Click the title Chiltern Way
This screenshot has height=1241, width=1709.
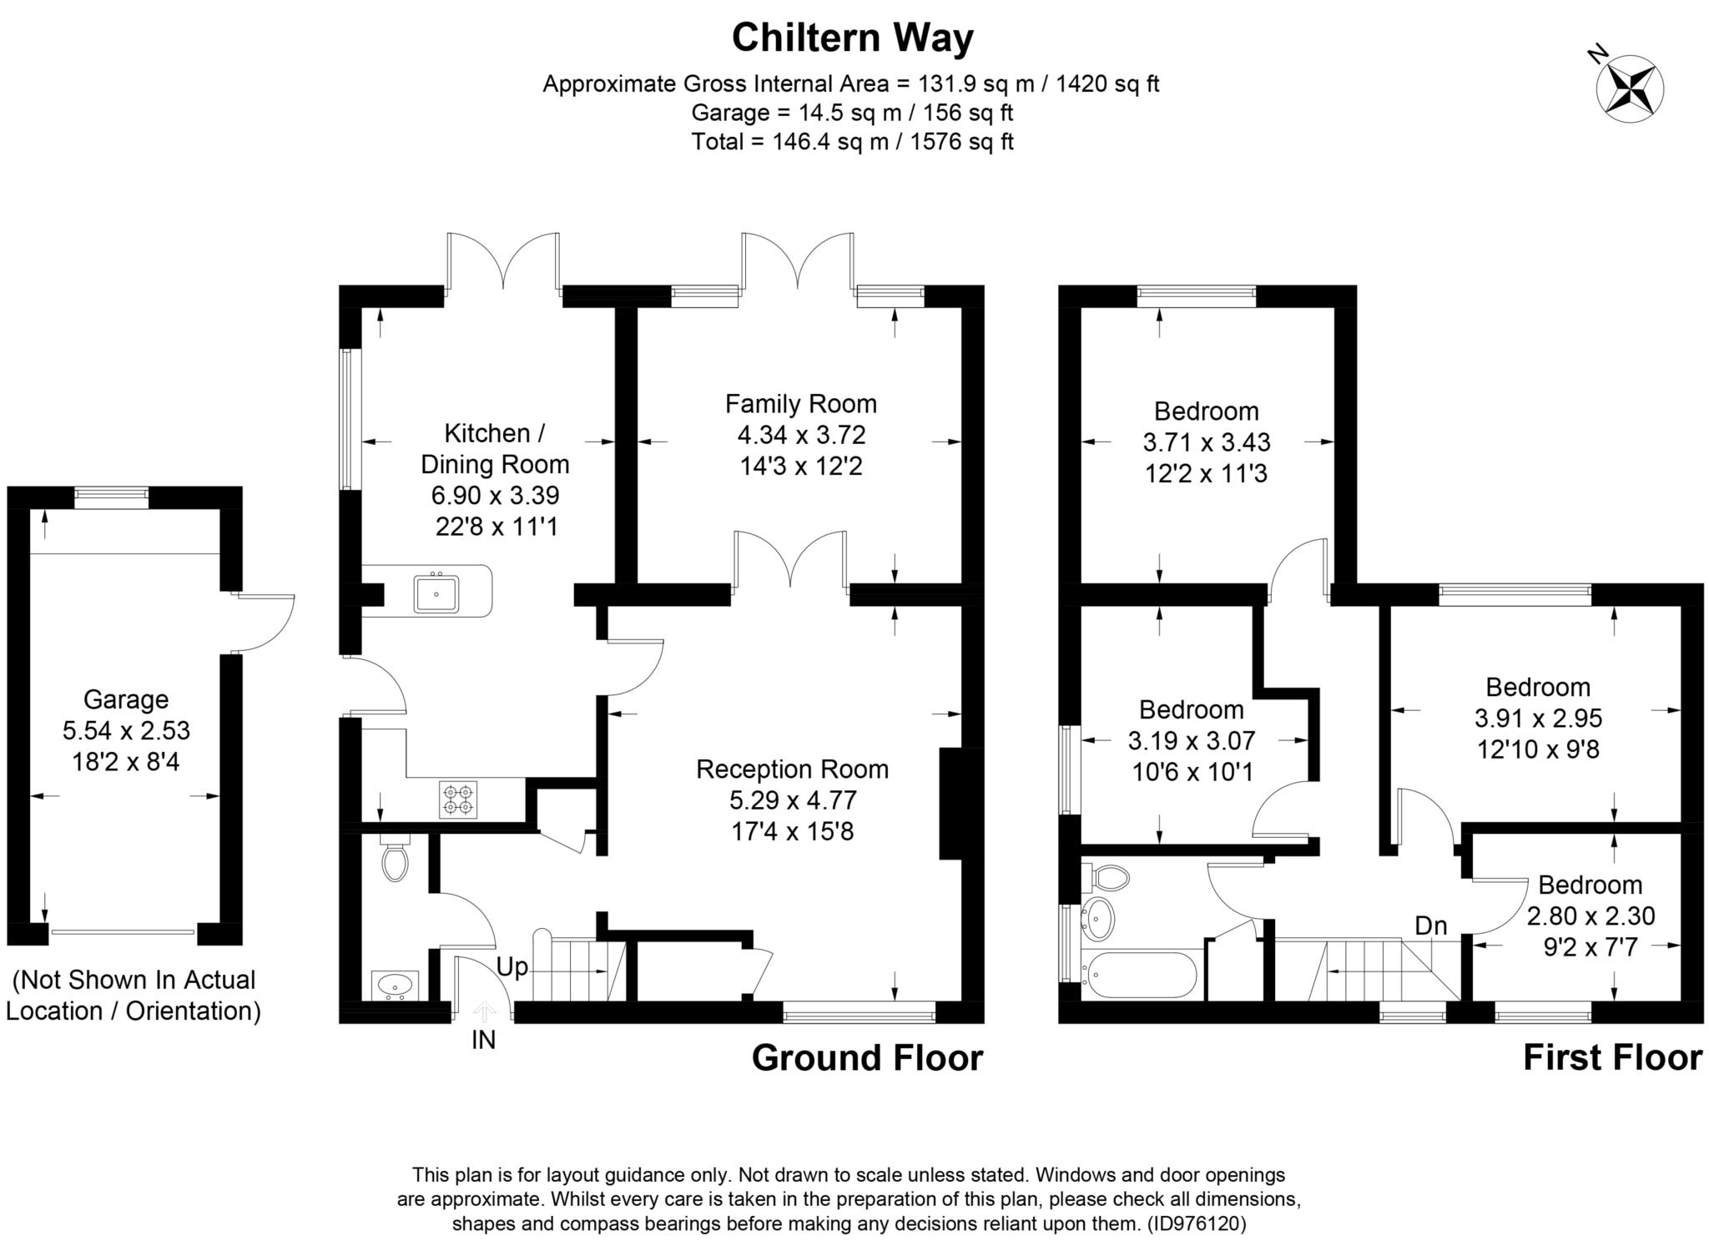[852, 38]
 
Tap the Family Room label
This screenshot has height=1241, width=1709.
[800, 404]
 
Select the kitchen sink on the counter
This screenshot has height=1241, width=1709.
[436, 593]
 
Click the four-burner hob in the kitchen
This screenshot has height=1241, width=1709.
[458, 799]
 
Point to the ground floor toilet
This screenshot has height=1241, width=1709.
[395, 859]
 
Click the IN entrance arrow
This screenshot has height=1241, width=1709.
[483, 1012]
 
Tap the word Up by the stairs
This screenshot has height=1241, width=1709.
[512, 966]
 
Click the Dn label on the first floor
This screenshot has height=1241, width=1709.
[1430, 925]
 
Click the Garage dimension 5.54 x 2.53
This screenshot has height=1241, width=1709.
[126, 730]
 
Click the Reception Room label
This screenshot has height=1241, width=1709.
[792, 769]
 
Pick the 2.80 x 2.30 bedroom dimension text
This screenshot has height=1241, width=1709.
[1590, 916]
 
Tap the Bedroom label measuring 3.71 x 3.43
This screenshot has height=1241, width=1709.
[1206, 411]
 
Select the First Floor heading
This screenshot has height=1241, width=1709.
[1611, 1057]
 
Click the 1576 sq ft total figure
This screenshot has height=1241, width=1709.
[961, 142]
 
